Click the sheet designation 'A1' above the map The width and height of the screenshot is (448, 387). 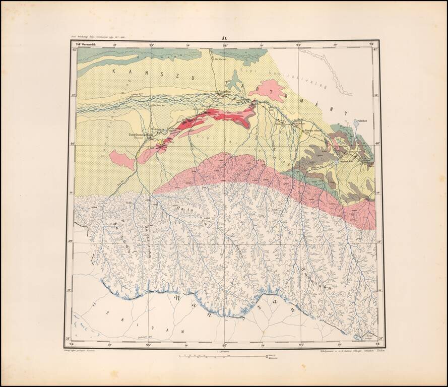click(224, 38)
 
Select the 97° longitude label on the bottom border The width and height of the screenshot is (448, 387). click(301, 345)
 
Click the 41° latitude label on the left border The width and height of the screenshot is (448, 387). click(74, 49)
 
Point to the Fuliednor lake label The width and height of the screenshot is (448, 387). click(360, 120)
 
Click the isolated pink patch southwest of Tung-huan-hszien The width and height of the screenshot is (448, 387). click(121, 159)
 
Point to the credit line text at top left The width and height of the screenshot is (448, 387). click(103, 38)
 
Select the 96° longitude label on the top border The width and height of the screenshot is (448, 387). click(225, 44)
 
